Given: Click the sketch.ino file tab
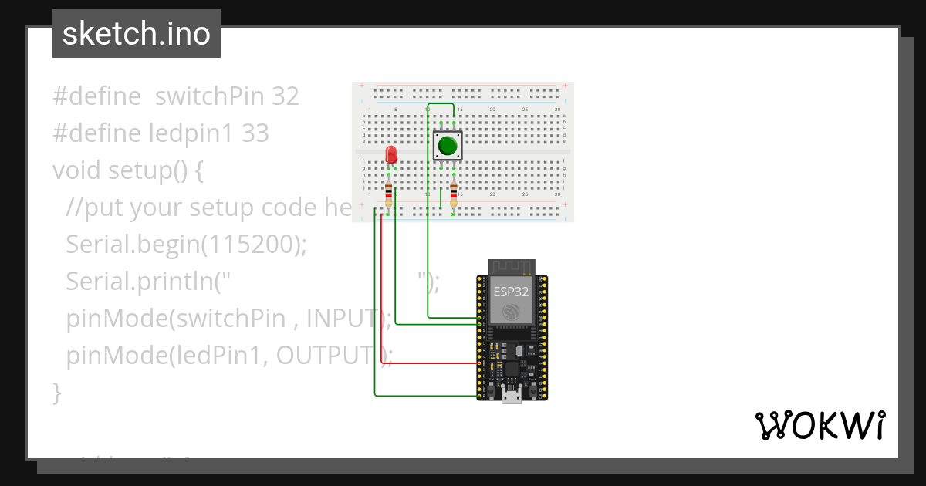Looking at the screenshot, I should point(136,34).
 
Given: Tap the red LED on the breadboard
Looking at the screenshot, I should point(391,154).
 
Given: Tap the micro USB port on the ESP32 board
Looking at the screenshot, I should point(511,397).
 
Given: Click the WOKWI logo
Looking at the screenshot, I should point(820,425).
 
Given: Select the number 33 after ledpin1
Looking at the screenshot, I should point(255,133).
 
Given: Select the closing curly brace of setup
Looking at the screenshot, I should point(57,392).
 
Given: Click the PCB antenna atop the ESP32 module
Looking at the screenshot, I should point(511,267).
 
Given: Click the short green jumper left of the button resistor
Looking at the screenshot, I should point(441,197).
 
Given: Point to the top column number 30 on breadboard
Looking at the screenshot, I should point(556,110).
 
